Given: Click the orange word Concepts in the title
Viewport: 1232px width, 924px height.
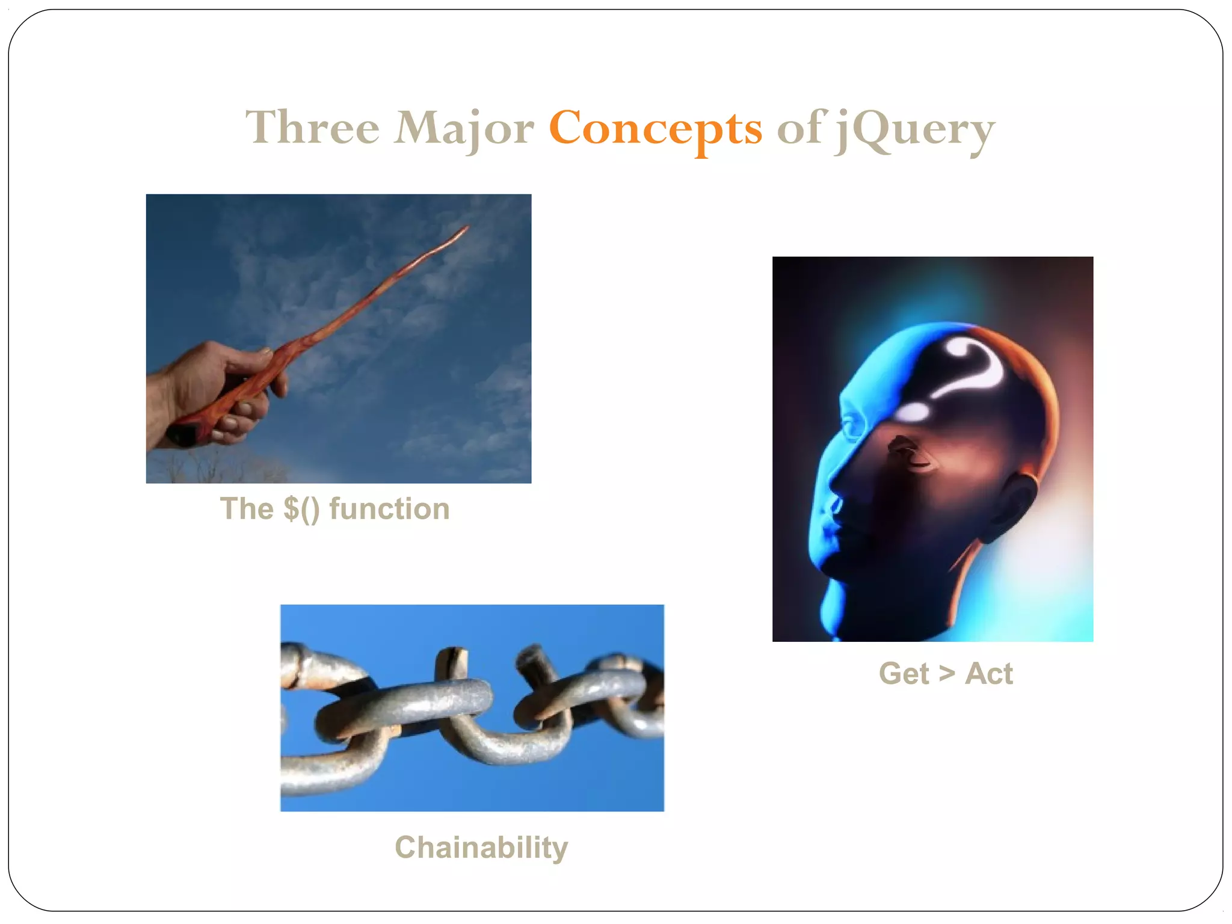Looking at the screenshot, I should coord(655,129).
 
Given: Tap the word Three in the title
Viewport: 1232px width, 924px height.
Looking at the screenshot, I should coord(312,129).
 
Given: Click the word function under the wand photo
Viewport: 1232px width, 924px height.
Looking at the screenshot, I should coord(389,509).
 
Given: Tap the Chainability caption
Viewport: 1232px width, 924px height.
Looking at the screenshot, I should coord(481,848).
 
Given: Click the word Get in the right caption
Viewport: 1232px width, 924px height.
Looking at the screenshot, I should coord(904,674).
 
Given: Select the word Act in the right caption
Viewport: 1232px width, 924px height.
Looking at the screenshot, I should coord(988,674).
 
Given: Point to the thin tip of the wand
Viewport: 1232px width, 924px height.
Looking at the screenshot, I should coord(464,229).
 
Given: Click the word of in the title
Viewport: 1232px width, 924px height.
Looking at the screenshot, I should coord(799,129).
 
